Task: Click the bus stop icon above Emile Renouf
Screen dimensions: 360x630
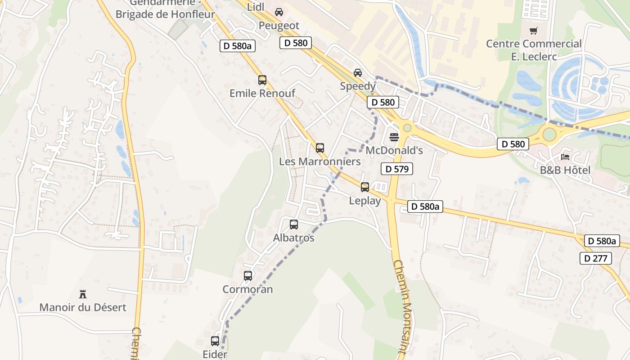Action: click(x=262, y=80)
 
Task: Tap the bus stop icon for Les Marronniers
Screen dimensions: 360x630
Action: click(x=320, y=148)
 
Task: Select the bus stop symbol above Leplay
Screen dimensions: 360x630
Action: click(x=365, y=187)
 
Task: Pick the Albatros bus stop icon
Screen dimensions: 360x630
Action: click(x=294, y=224)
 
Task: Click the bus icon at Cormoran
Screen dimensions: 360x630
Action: click(x=248, y=275)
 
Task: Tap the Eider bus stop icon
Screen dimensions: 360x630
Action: click(x=215, y=341)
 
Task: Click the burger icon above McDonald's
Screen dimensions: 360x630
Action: click(x=394, y=137)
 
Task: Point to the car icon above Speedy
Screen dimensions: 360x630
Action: click(x=358, y=72)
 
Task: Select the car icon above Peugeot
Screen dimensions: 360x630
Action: click(x=279, y=12)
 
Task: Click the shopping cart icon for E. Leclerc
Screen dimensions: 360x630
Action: click(x=534, y=31)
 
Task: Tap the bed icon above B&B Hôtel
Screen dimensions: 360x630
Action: click(x=565, y=157)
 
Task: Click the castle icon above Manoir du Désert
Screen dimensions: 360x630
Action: click(x=83, y=294)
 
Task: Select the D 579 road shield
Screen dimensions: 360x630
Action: click(x=396, y=169)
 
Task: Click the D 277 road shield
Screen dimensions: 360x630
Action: click(x=596, y=258)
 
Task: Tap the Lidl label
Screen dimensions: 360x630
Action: click(x=256, y=7)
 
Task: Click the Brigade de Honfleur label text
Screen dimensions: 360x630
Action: click(x=165, y=14)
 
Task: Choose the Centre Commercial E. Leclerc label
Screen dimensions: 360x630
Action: click(x=534, y=50)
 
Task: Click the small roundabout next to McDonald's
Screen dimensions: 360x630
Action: click(x=407, y=128)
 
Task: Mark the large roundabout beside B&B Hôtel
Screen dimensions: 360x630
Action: click(x=549, y=134)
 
